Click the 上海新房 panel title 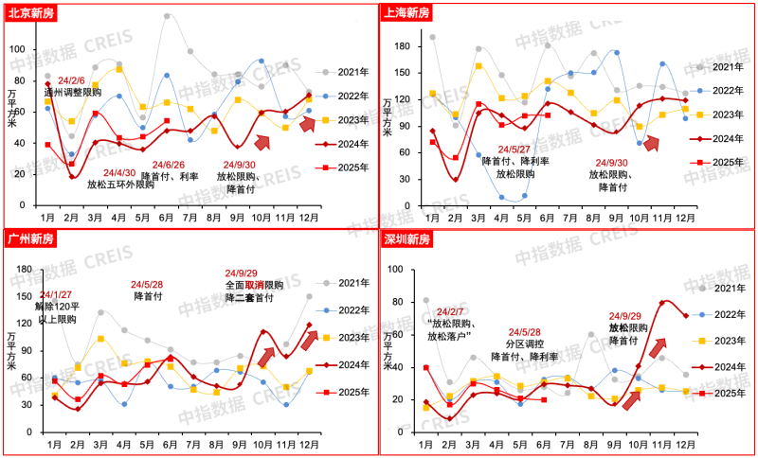pos(408,12)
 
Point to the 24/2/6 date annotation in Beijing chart pos(71,81)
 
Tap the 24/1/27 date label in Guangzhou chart pos(54,294)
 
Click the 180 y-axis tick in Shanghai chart pos(402,45)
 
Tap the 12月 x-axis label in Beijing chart pos(307,217)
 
